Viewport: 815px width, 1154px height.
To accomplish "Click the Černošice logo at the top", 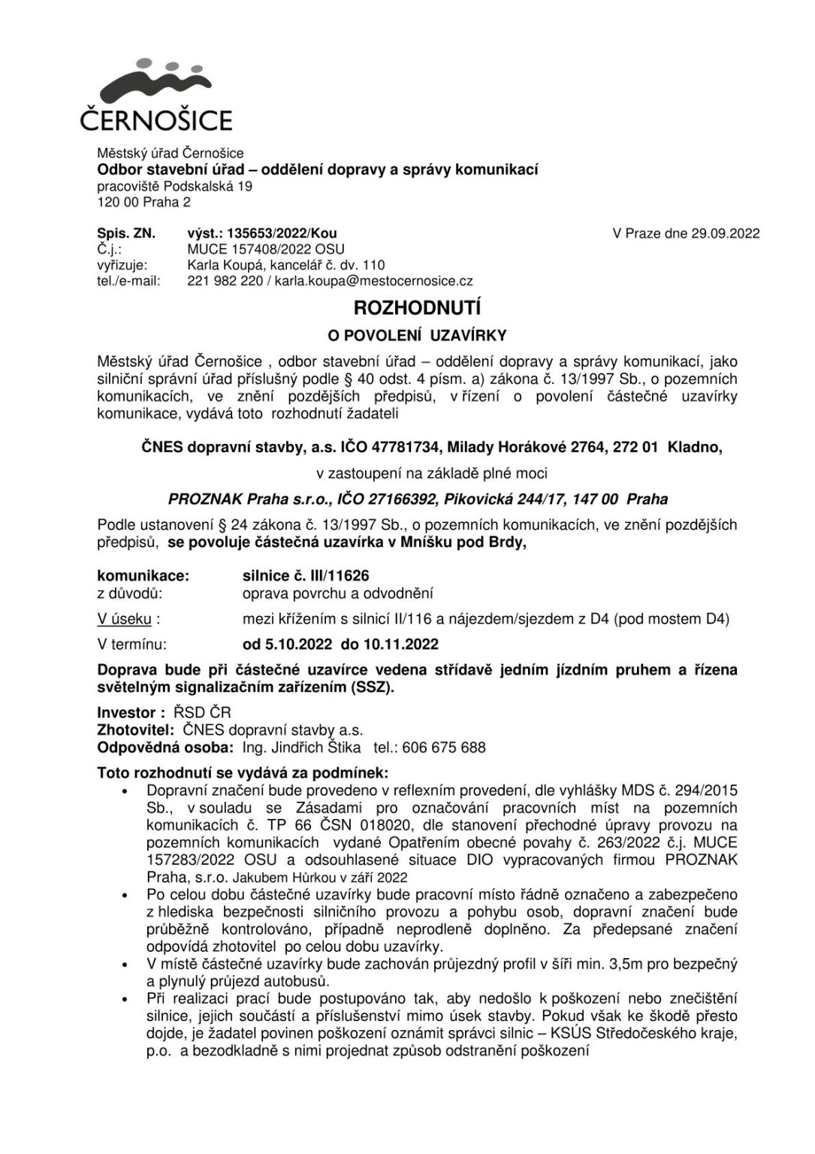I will (155, 96).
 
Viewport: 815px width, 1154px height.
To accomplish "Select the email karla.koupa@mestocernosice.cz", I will (373, 281).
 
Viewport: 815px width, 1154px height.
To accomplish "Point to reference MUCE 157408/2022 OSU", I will (265, 249).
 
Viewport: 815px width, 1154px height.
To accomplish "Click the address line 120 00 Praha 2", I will (143, 202).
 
